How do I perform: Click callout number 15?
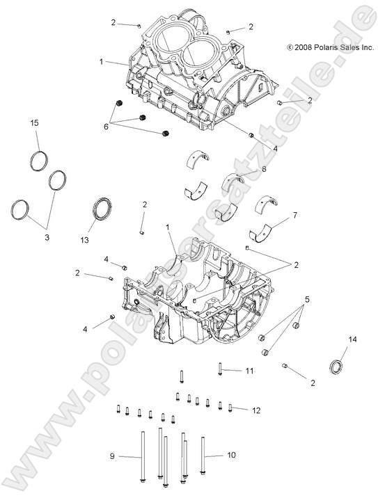(33, 123)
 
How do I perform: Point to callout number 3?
(47, 238)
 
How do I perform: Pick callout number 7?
(294, 215)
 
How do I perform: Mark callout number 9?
(111, 456)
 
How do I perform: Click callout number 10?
(232, 455)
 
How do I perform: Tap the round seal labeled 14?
(338, 367)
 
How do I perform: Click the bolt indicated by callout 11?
(221, 370)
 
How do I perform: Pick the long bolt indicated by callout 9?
(143, 456)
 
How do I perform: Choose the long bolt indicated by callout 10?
(203, 456)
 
